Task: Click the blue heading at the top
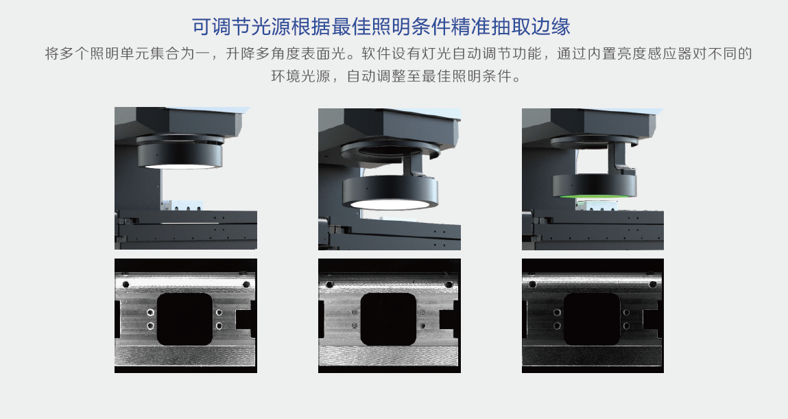click(x=381, y=27)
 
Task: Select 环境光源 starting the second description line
click(x=300, y=76)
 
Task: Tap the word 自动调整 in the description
click(x=377, y=76)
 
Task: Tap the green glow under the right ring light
click(x=595, y=196)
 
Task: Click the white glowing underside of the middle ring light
click(x=390, y=204)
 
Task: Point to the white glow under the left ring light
click(x=179, y=167)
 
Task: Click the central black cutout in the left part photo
click(x=184, y=319)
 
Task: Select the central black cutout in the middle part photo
click(x=388, y=319)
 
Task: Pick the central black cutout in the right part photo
click(x=591, y=319)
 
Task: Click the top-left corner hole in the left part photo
click(x=126, y=285)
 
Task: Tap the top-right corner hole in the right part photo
click(x=653, y=285)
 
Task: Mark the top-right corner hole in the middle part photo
click(x=449, y=285)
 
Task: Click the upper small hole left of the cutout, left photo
click(x=150, y=313)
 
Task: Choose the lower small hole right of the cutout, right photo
click(x=626, y=326)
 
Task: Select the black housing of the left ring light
click(x=180, y=154)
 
